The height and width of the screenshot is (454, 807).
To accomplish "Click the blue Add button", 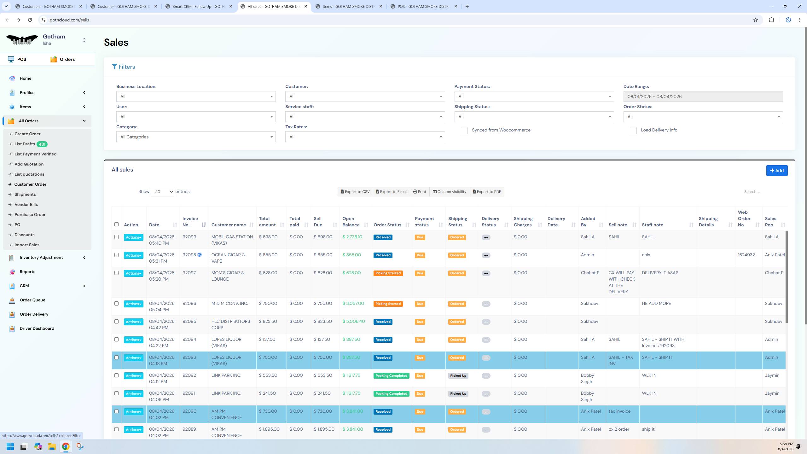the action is tap(777, 171).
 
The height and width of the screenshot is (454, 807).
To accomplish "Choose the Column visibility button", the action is tap(449, 192).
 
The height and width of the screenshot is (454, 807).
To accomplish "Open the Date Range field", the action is tap(703, 96).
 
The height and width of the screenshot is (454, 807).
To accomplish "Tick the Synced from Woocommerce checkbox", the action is tap(464, 131).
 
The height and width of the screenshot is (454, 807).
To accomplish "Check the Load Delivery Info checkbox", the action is tap(633, 131).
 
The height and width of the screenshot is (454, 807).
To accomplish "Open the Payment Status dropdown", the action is tap(534, 96).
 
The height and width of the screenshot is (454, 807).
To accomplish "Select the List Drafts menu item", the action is tap(25, 144).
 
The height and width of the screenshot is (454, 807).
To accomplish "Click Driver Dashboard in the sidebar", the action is tap(37, 328).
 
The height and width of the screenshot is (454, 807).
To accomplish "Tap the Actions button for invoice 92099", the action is tap(133, 237).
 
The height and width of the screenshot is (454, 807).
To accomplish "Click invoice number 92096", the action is tap(189, 303).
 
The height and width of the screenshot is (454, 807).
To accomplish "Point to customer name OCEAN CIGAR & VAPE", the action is tap(228, 258).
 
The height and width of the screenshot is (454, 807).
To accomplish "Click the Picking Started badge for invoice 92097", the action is tap(388, 273).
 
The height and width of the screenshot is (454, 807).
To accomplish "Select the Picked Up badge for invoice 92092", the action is tap(458, 375).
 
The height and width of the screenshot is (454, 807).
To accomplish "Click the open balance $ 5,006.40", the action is tap(353, 321).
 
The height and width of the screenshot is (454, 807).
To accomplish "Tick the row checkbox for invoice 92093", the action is tap(116, 358).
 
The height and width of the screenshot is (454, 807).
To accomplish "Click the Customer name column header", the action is tap(229, 225).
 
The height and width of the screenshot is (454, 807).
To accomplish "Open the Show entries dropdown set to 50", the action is tap(162, 192).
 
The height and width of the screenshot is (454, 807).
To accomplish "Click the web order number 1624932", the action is tap(746, 255).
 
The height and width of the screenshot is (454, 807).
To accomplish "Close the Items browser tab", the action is tap(380, 6).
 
